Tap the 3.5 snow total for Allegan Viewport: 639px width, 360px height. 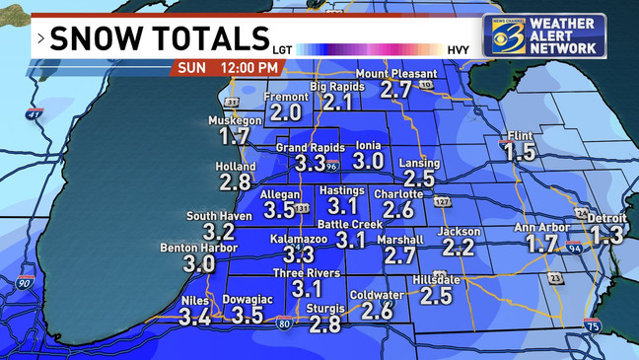coord(280,209)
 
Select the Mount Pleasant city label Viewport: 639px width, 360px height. coord(395,74)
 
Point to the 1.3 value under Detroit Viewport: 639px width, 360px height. coord(606,235)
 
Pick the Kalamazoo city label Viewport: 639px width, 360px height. coord(299,240)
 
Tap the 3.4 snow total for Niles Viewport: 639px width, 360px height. coord(194,317)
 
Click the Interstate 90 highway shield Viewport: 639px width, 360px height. coord(23,284)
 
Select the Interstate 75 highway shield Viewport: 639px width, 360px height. coord(592,326)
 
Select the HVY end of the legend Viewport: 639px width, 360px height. coord(458,47)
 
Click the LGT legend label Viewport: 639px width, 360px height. coord(283,47)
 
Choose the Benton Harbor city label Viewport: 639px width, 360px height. coord(198,248)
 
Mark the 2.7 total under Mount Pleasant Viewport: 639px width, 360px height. coord(395,90)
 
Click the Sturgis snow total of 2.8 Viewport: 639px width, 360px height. coord(324,324)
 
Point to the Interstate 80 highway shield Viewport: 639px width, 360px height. coord(283,322)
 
